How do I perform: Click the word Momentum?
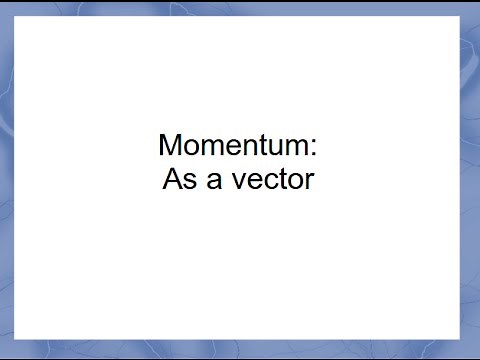pyautogui.click(x=233, y=146)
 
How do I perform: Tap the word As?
pyautogui.click(x=178, y=182)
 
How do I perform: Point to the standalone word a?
pyautogui.click(x=211, y=183)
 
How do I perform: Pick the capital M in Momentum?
pyautogui.click(x=170, y=146)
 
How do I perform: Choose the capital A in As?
pyautogui.click(x=171, y=182)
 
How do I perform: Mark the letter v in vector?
pyautogui.click(x=234, y=183)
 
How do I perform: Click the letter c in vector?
pyautogui.click(x=263, y=183)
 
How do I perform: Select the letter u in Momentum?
pyautogui.click(x=274, y=148)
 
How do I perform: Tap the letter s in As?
pyautogui.click(x=187, y=183)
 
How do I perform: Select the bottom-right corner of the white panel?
pyautogui.click(x=460, y=339)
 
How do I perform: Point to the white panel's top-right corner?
pyautogui.click(x=460, y=16)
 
